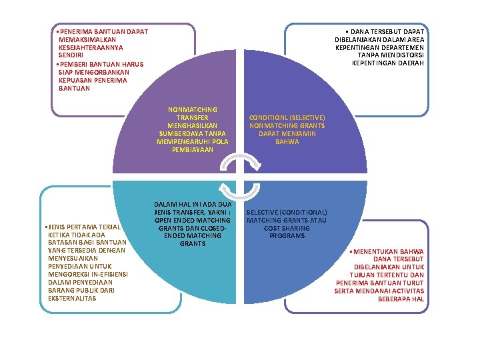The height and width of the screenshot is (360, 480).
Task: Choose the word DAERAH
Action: click(x=411, y=64)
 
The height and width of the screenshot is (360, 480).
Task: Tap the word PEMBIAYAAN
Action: click(x=193, y=149)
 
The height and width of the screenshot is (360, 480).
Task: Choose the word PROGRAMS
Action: click(x=287, y=236)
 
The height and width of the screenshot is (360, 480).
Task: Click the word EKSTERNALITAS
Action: click(x=73, y=298)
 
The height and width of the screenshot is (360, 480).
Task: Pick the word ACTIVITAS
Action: click(x=407, y=291)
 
